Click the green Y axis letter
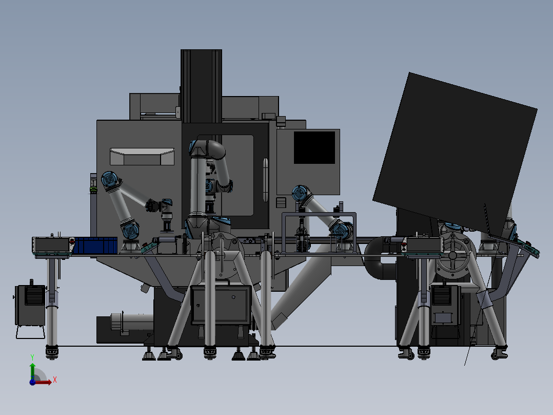32,357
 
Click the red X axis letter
55,380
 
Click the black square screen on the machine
314,147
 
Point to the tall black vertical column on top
202,86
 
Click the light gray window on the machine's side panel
142,157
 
